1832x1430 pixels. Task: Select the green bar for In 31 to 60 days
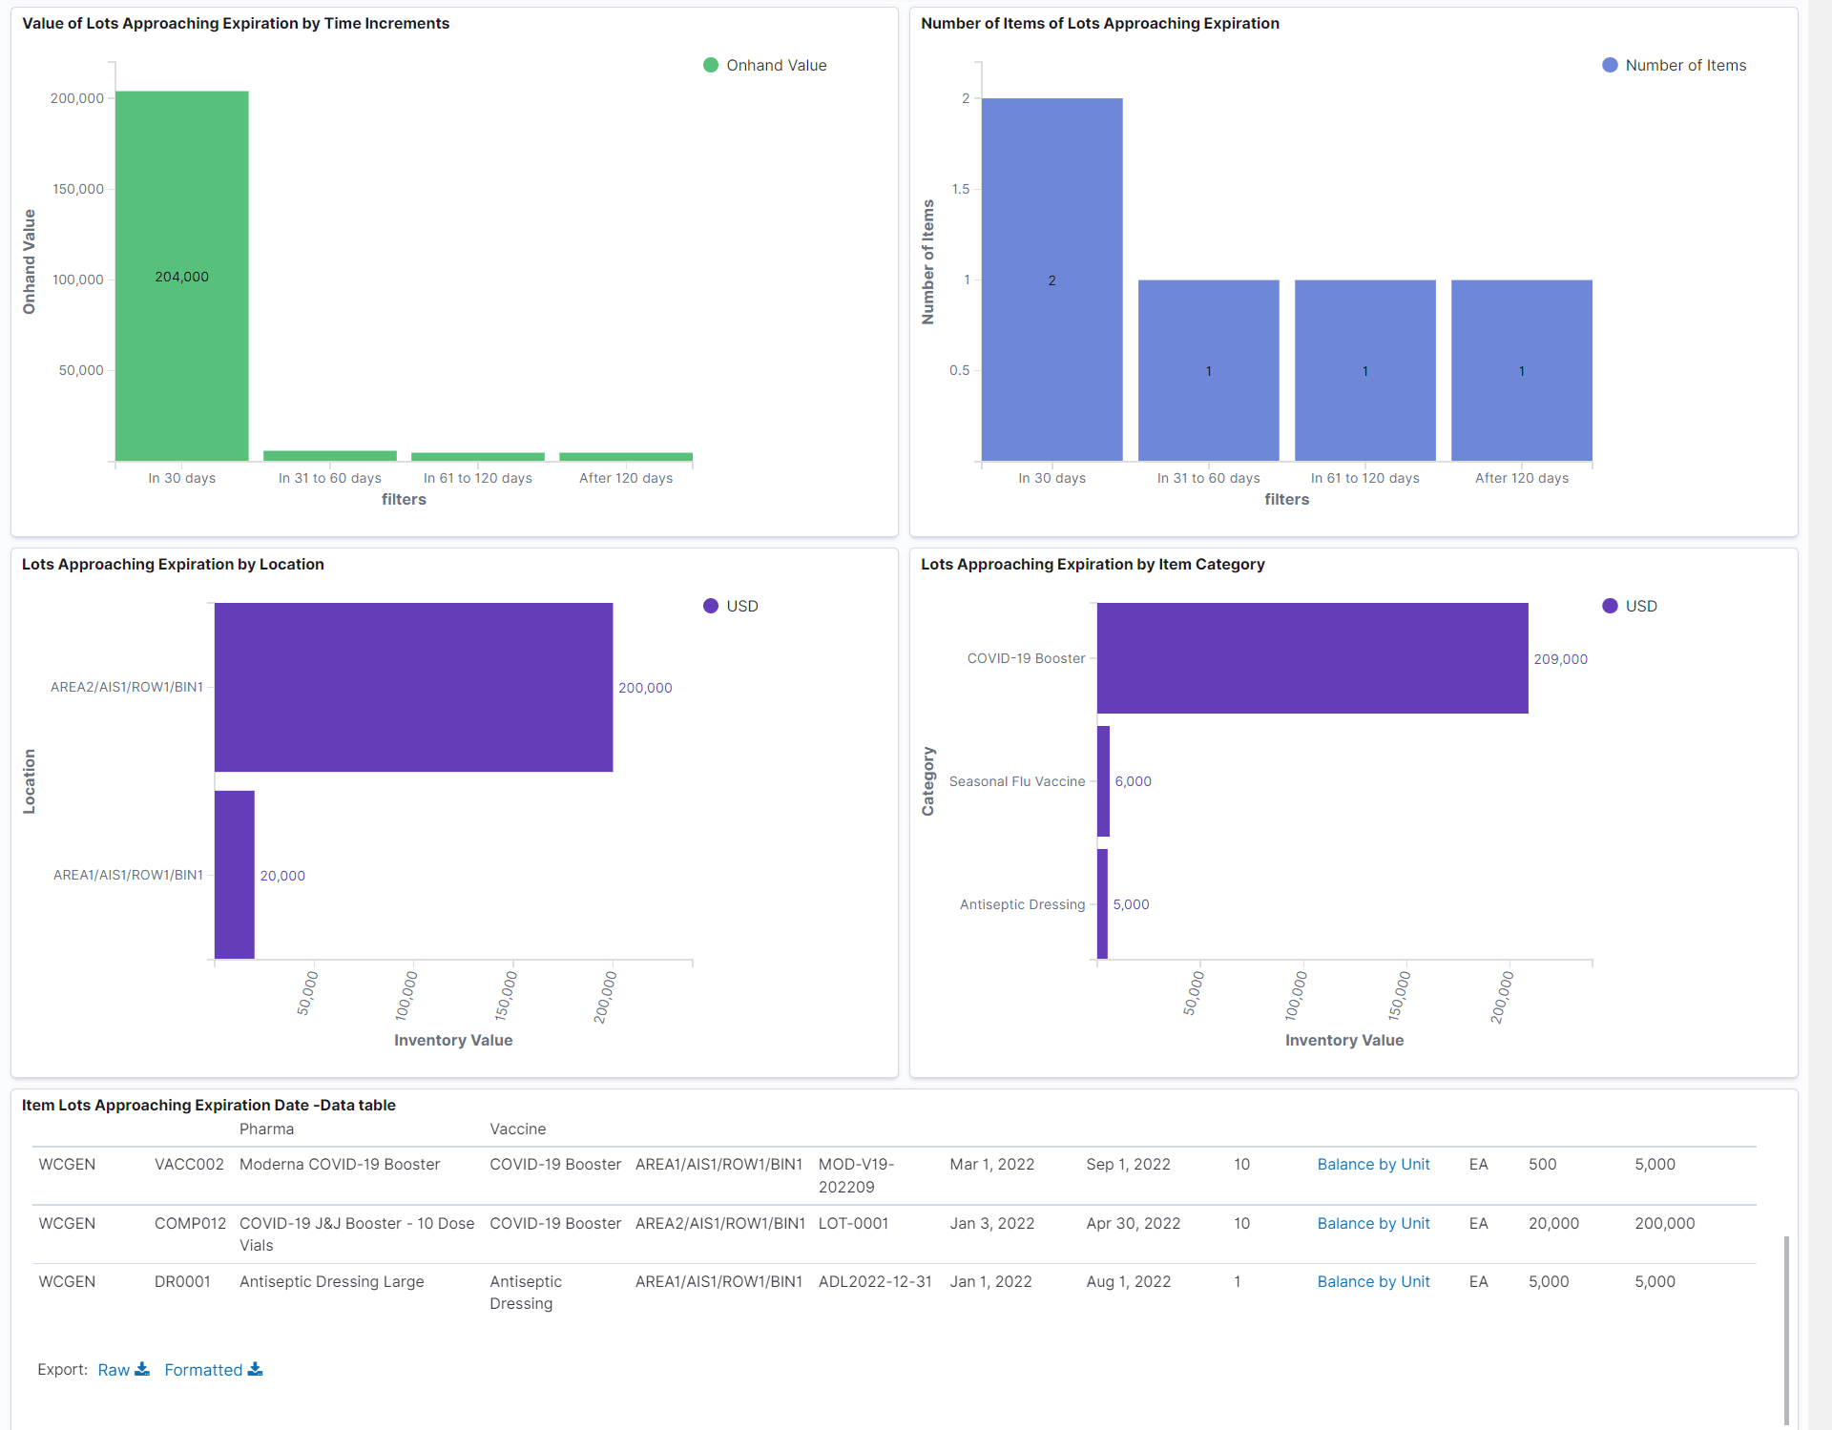[x=329, y=456]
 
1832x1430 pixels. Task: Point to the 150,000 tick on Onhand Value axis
[x=78, y=189]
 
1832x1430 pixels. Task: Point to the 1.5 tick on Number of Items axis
[x=961, y=189]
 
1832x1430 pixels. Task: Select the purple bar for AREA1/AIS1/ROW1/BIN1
[x=235, y=874]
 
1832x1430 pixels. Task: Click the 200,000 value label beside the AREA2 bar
[x=645, y=688]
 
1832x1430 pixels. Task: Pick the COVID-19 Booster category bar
[x=1312, y=658]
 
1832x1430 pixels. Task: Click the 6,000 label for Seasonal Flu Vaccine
[x=1133, y=781]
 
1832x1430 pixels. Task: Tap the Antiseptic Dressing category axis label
[x=1022, y=904]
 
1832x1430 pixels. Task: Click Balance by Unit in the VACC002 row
[x=1373, y=1164]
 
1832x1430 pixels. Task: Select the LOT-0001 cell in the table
[x=853, y=1223]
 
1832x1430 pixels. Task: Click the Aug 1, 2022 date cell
[x=1128, y=1281]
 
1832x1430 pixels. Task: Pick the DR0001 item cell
[x=182, y=1281]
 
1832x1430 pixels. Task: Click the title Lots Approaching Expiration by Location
[x=173, y=564]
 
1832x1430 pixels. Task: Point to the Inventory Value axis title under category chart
[x=1343, y=1040]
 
